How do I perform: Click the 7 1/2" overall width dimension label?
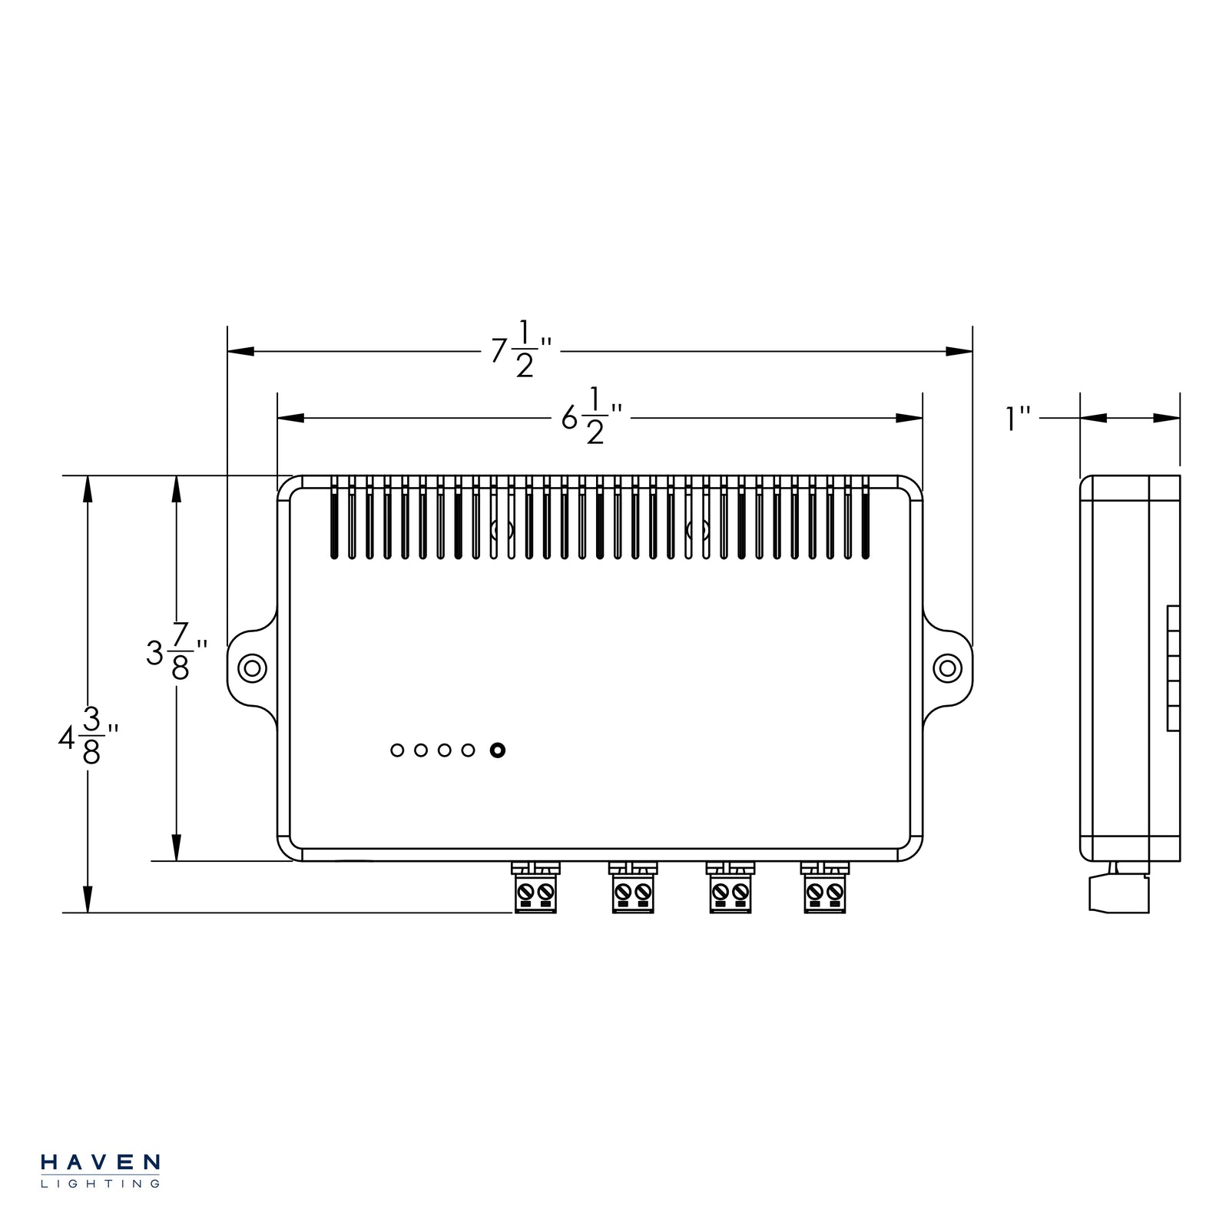tap(522, 351)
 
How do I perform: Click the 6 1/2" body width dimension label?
tap(591, 418)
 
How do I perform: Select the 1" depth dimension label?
tap(1019, 419)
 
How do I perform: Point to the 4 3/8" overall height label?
tap(88, 737)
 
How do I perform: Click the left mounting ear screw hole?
tap(252, 668)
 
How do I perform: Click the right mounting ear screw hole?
tap(947, 668)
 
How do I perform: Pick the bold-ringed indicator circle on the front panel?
tap(497, 750)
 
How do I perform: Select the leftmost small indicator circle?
tap(397, 750)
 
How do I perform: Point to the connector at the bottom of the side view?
tap(1118, 891)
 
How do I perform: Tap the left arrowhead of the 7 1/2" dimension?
tap(240, 351)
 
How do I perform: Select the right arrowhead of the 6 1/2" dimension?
tap(909, 418)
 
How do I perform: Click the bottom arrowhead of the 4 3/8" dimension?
tap(88, 900)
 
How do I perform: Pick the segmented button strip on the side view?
tap(1173, 668)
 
